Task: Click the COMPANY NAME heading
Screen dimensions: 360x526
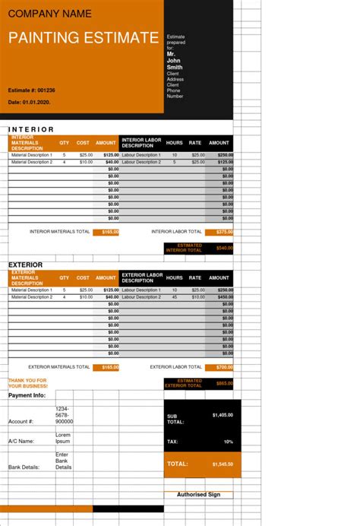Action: pos(50,14)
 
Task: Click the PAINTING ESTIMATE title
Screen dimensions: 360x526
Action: pos(84,38)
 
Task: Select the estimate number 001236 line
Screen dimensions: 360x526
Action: pos(32,90)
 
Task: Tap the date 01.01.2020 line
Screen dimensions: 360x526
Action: pos(29,102)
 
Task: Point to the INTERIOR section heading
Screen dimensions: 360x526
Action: pos(31,129)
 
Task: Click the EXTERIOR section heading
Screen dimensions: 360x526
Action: pos(25,265)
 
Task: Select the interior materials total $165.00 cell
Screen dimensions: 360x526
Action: pos(106,232)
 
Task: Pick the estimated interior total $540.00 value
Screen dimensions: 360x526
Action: pos(224,248)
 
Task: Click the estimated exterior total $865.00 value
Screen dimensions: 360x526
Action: pos(224,384)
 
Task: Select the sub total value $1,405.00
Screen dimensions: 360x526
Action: pos(223,415)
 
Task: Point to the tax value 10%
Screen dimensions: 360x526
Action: pos(228,442)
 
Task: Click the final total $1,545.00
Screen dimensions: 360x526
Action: pos(222,464)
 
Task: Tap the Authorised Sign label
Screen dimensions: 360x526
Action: pos(198,495)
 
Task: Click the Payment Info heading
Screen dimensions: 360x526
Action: pos(27,396)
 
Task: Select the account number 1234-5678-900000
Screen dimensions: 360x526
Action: pos(64,415)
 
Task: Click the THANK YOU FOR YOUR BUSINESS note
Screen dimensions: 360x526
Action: pos(27,383)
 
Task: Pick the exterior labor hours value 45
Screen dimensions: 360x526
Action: pos(175,297)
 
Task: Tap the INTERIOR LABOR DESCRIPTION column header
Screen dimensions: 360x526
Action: pos(142,143)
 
